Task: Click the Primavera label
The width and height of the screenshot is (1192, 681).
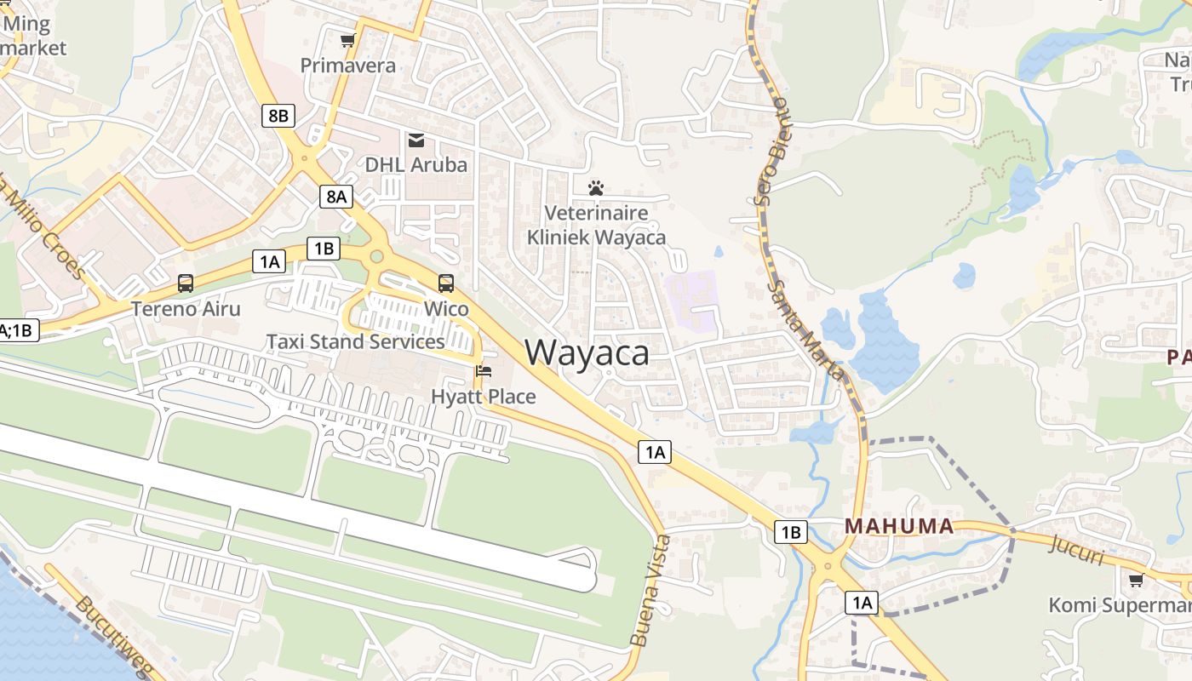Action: (x=347, y=66)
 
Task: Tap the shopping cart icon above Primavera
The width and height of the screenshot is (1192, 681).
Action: (x=347, y=40)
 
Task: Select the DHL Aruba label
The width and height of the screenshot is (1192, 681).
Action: (x=416, y=164)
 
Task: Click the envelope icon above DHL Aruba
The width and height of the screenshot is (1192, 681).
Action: (x=416, y=140)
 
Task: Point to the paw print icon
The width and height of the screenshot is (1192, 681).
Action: (x=596, y=187)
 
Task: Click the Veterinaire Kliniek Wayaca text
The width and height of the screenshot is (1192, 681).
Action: (x=596, y=225)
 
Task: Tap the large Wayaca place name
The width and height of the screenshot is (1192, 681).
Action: (x=587, y=352)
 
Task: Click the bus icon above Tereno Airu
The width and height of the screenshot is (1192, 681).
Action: (x=186, y=283)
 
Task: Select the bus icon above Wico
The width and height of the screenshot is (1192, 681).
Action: (x=446, y=283)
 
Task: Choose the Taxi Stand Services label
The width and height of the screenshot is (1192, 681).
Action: (x=355, y=341)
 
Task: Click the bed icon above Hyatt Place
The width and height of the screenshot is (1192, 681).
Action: (x=484, y=371)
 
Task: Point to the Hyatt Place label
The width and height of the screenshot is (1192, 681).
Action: (x=484, y=397)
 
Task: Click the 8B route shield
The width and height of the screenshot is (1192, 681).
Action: (x=278, y=116)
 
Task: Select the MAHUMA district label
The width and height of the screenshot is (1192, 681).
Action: (x=899, y=526)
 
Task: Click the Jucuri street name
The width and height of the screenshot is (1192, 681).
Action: (x=1077, y=550)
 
